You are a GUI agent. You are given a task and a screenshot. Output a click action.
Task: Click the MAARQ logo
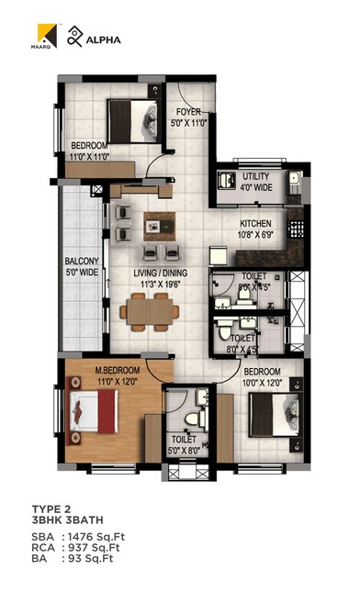(x=48, y=37)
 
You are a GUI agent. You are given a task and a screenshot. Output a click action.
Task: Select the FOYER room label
(x=189, y=113)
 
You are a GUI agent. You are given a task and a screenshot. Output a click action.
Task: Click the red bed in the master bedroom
(x=96, y=410)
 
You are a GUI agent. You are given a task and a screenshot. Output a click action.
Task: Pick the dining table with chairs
(x=149, y=313)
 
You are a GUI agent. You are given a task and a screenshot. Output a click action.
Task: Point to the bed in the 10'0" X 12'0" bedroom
(x=275, y=414)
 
